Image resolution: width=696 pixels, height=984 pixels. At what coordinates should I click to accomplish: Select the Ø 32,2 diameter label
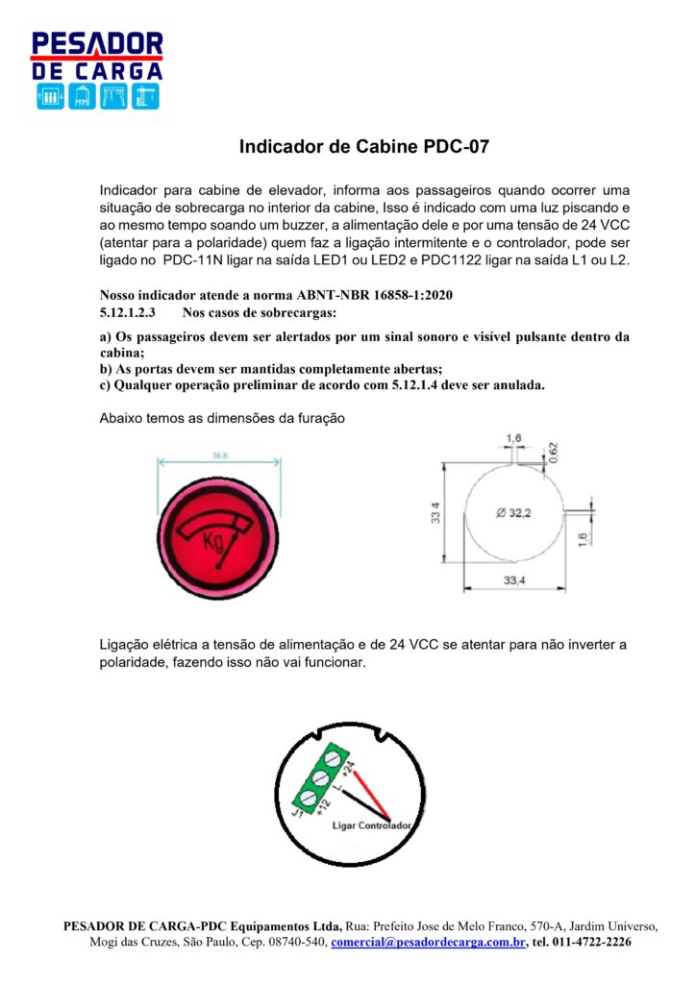(512, 513)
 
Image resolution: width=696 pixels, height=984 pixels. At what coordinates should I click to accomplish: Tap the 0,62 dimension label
(555, 452)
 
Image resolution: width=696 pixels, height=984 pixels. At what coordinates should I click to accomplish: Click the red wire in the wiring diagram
(367, 794)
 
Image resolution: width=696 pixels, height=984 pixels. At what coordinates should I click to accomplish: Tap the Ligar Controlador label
(372, 825)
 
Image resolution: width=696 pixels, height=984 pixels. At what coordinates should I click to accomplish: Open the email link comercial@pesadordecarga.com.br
(429, 942)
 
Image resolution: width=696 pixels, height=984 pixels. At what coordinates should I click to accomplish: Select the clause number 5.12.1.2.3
(128, 313)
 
